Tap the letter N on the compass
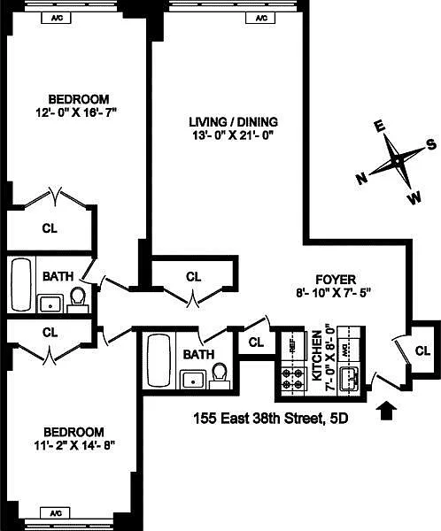coord(361,179)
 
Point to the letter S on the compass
coord(431,144)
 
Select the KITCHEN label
coord(316,357)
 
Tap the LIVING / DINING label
coord(233,121)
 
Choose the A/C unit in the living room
coord(261,18)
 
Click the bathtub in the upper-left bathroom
coord(19,285)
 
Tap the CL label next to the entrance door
coord(422,351)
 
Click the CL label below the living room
coord(193,276)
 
